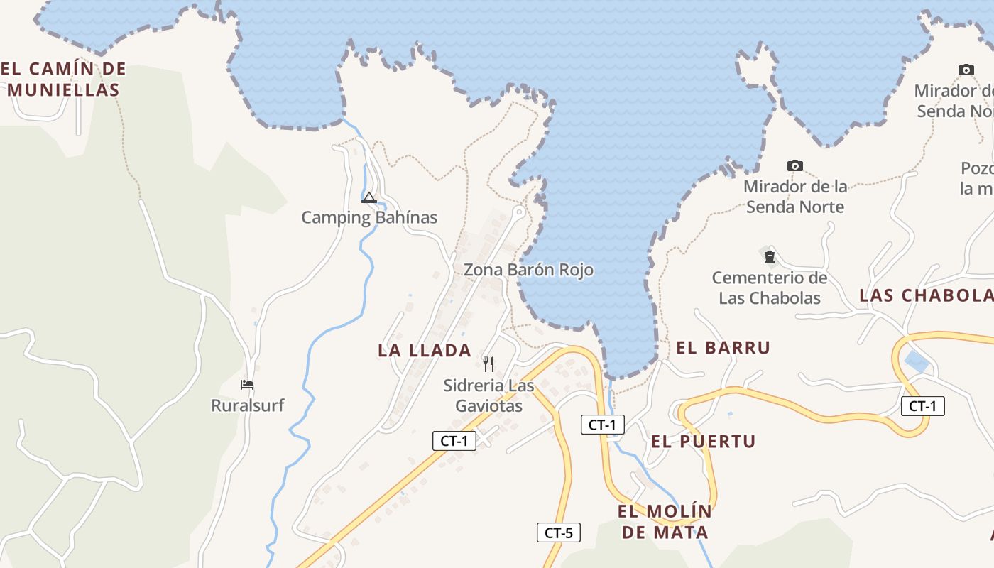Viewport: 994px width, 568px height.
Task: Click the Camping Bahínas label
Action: click(x=369, y=217)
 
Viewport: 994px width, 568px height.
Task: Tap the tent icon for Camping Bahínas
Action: click(x=368, y=197)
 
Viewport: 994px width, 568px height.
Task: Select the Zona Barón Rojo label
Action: click(x=528, y=271)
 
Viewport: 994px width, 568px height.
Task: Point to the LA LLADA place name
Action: click(x=425, y=350)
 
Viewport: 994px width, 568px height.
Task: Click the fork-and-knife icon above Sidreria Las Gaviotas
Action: click(x=488, y=364)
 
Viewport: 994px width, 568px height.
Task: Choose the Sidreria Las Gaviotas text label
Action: click(x=488, y=395)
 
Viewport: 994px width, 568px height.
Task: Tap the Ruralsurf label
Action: click(x=248, y=405)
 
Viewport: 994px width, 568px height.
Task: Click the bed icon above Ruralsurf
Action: click(x=247, y=385)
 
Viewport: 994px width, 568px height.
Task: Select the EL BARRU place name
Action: click(x=723, y=348)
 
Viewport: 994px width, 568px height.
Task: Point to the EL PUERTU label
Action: click(x=703, y=441)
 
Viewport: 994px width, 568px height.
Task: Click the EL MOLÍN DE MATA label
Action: click(x=665, y=522)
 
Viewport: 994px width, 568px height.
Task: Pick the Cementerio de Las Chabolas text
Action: click(x=770, y=288)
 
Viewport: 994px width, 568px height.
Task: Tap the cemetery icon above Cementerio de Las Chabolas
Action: click(x=769, y=256)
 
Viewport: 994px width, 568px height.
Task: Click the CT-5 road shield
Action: click(x=559, y=532)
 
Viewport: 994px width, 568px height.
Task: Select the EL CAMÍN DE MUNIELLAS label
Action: click(x=64, y=80)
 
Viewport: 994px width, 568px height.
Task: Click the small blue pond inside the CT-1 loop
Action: click(x=917, y=362)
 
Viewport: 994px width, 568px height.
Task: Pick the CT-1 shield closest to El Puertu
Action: click(x=602, y=425)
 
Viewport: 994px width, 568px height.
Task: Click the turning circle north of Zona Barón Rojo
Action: click(x=519, y=212)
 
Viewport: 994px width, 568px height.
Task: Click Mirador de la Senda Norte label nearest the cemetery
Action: click(x=795, y=197)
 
